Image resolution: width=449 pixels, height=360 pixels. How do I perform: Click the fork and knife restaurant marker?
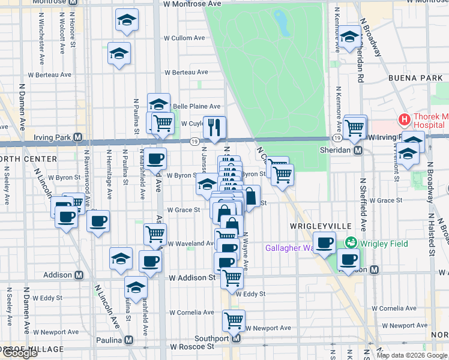pos(214,127)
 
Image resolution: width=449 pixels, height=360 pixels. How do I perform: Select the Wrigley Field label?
pos(384,244)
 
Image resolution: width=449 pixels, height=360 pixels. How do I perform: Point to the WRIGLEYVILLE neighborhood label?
pos(316,226)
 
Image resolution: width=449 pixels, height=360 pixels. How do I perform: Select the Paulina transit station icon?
pos(145,340)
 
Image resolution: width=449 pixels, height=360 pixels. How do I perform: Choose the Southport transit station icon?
pos(236,338)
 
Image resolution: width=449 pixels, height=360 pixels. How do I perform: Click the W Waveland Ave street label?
pos(191,244)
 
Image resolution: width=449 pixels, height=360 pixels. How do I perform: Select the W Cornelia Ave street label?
pos(191,313)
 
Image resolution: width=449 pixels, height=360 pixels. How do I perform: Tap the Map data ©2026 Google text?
pos(412,355)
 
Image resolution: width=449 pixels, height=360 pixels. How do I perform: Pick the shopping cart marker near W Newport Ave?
pos(233,320)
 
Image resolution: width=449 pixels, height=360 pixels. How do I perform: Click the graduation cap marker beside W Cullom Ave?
pos(119,53)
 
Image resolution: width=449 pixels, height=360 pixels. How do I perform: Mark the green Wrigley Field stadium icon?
pos(350,243)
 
